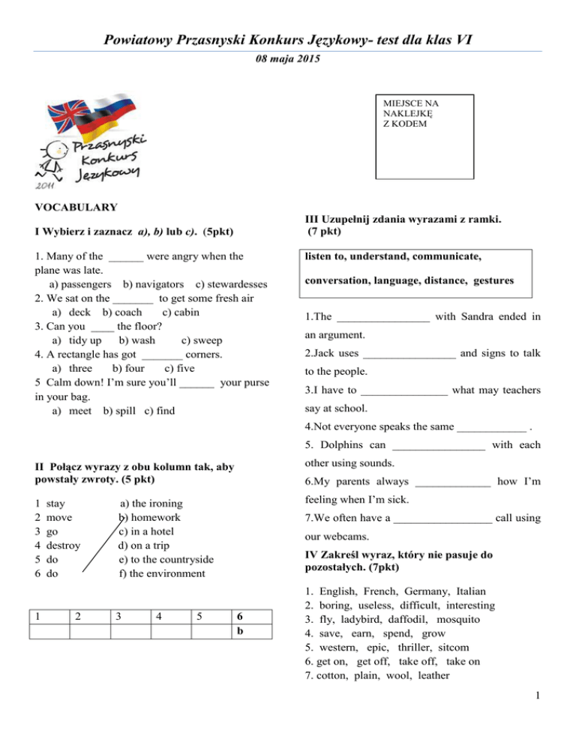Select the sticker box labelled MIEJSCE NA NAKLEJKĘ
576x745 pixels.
coord(426,136)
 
